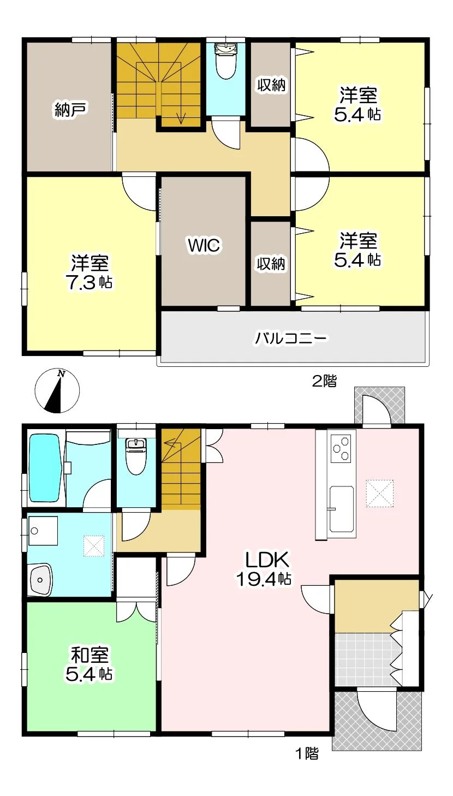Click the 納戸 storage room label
(71, 109)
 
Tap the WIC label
(204, 245)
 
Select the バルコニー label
(290, 338)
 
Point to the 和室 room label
(90, 655)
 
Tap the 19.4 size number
(256, 579)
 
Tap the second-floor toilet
(225, 61)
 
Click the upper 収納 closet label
(271, 85)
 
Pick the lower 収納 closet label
(271, 264)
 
